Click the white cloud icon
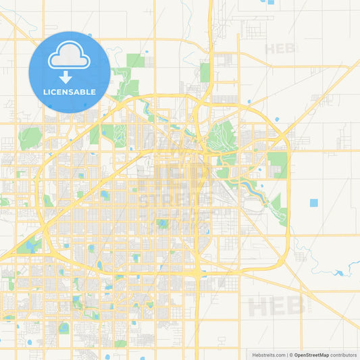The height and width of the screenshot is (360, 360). tap(70, 57)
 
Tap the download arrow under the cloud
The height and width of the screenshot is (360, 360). tap(70, 78)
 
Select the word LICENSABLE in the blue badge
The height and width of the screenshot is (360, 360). tap(70, 92)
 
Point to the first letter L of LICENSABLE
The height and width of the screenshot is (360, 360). tap(45, 92)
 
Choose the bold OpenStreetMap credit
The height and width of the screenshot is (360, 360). tap(311, 354)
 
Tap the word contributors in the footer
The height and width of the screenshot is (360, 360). tap(344, 354)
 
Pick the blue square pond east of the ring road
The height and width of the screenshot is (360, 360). tap(313, 203)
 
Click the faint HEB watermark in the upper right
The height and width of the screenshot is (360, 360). tap(281, 49)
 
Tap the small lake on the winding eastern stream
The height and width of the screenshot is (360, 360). tap(339, 273)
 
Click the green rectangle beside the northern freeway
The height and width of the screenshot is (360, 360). tap(205, 72)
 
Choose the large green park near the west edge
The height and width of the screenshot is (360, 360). tap(30, 138)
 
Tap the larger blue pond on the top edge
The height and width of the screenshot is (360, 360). tap(271, 2)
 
